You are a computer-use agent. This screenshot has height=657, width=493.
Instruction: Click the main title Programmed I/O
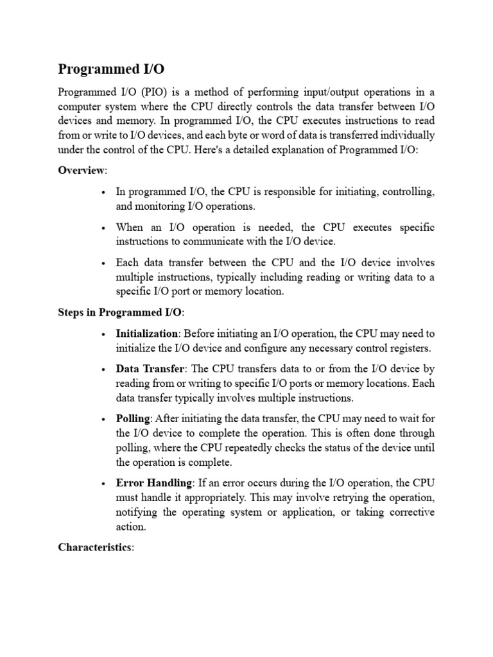106,69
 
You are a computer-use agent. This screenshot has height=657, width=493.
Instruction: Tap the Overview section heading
82,170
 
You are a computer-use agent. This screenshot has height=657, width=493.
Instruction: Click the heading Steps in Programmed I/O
120,312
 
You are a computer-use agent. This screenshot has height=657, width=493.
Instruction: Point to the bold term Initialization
146,334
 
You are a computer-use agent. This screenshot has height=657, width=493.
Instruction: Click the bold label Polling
133,418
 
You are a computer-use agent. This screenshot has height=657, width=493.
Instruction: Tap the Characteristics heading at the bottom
95,547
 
